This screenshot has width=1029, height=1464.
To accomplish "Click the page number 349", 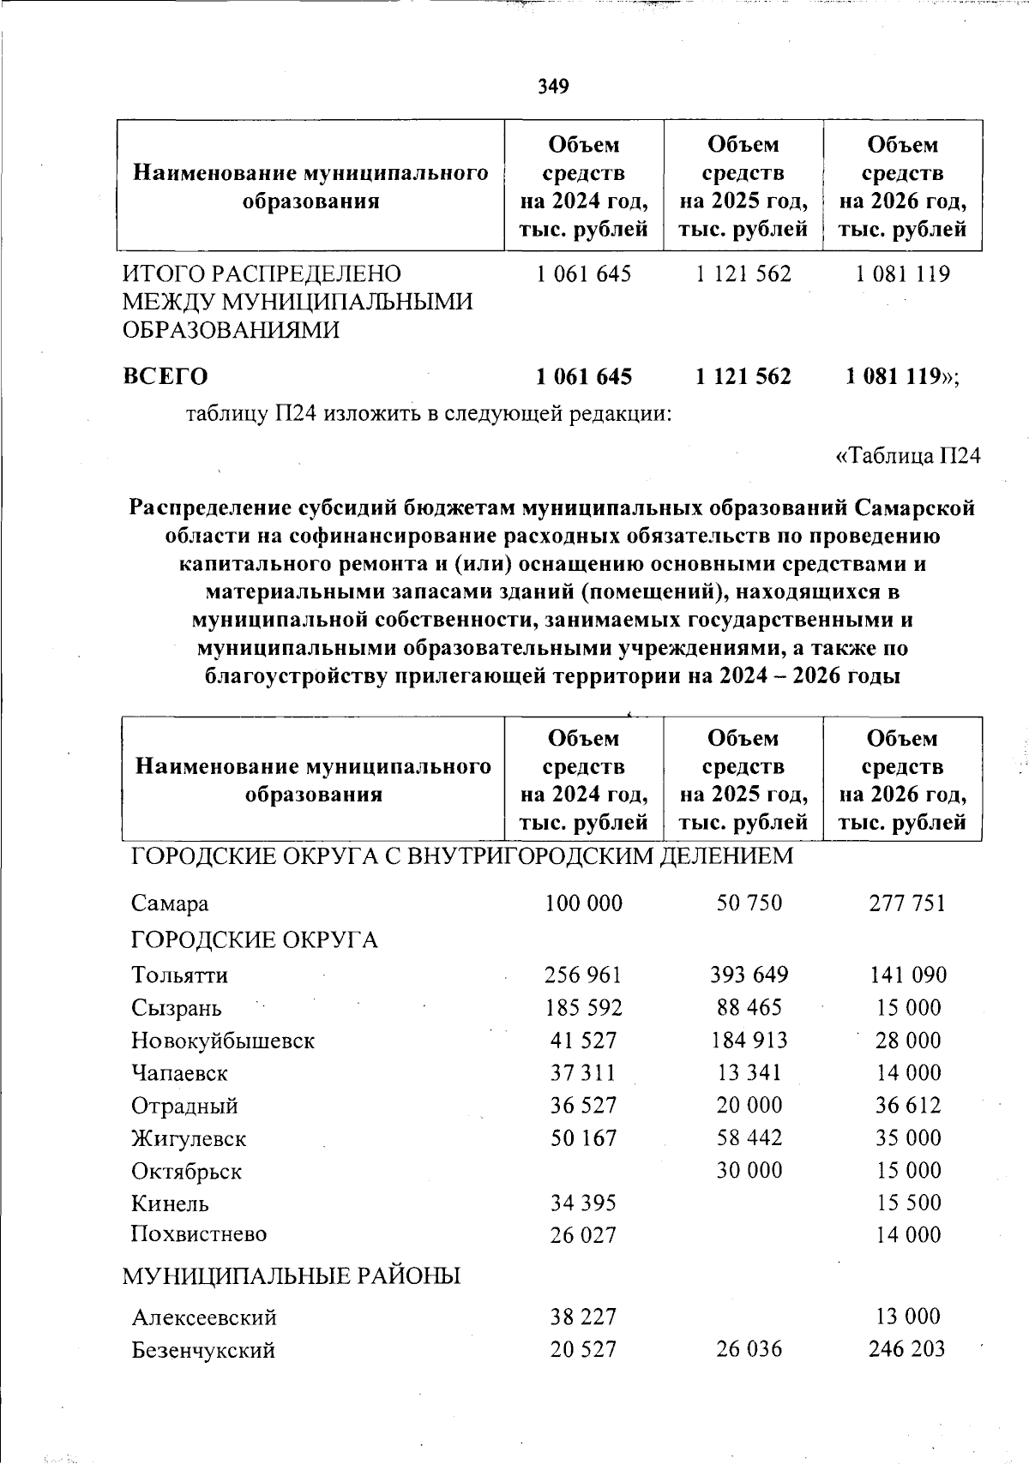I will (x=554, y=86).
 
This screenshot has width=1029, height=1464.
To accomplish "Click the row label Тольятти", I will (x=180, y=975).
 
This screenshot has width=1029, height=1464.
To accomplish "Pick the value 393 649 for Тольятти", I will (x=749, y=975).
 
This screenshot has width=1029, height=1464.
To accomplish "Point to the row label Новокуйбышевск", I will (x=223, y=1041).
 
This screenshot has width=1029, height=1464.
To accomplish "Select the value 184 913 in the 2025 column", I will (x=749, y=1040).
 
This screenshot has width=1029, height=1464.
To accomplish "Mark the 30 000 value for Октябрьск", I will (x=749, y=1170).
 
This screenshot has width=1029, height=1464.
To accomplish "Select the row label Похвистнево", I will (x=199, y=1234).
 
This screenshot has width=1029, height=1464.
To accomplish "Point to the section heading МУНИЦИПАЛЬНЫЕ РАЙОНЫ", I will (x=292, y=1276).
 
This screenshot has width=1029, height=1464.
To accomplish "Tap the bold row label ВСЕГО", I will (x=165, y=376).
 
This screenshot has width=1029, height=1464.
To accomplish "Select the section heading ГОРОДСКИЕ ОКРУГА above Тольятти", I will (x=255, y=940).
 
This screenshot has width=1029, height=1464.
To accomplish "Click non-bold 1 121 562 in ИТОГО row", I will (x=743, y=274).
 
